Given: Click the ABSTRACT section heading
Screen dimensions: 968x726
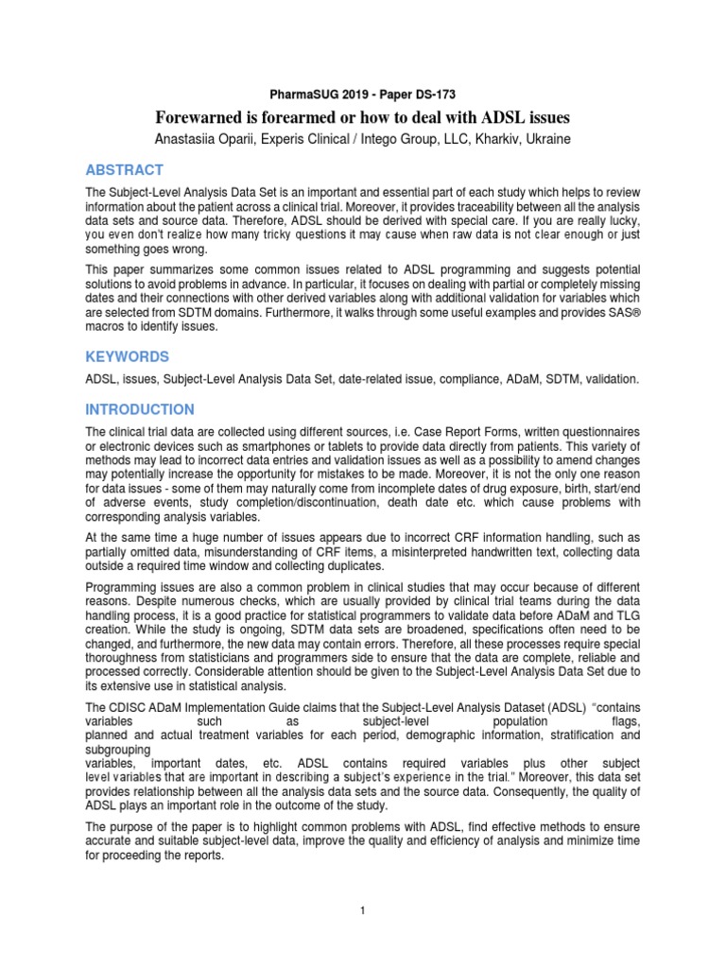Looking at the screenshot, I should pyautogui.click(x=124, y=170).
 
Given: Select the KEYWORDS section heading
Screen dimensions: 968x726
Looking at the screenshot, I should pyautogui.click(x=127, y=356).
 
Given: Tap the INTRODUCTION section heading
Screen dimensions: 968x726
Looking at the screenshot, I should pyautogui.click(x=140, y=409).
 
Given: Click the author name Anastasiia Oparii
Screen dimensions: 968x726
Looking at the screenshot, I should pyautogui.click(x=212, y=139).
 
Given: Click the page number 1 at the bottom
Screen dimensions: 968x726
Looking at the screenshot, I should pyautogui.click(x=363, y=910).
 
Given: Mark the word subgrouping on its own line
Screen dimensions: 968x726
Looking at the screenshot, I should pyautogui.click(x=118, y=749).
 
